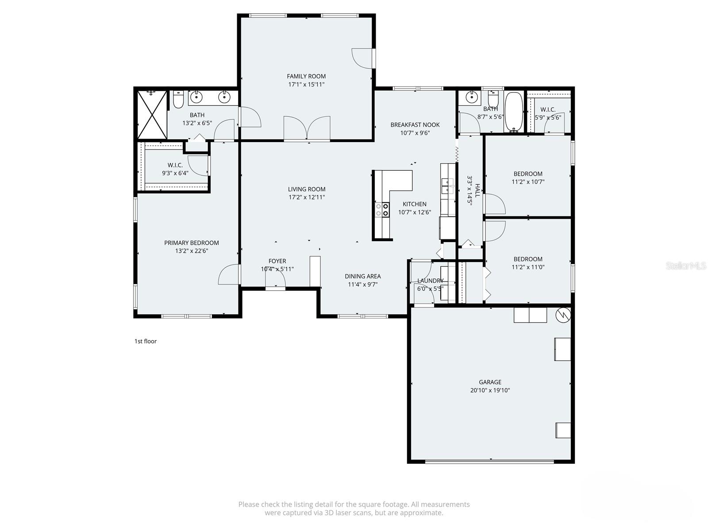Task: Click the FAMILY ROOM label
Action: coord(306,76)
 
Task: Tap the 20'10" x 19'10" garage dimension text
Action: coord(490,390)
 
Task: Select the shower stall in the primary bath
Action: coord(152,115)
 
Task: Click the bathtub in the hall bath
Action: coord(514,112)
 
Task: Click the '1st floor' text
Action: coord(146,341)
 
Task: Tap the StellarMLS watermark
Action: coord(686,265)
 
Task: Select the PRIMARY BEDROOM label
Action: coord(191,242)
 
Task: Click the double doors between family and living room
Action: coord(307,129)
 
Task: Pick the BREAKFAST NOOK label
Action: coord(415,125)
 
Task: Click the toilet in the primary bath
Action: coord(178,100)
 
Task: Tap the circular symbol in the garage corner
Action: coord(563,315)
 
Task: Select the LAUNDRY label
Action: coord(430,281)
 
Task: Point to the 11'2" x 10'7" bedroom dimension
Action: coord(528,181)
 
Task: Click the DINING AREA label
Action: coord(362,276)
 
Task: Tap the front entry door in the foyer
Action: coord(275,279)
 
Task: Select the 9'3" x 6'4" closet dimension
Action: coord(175,173)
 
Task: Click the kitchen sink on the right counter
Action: coord(447,185)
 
